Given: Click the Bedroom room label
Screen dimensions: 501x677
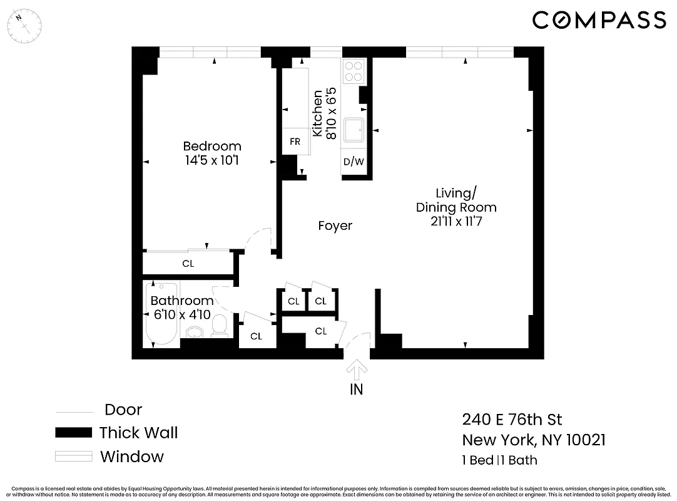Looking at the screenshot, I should pos(211,147).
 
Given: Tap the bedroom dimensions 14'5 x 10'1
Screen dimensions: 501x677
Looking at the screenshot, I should pos(211,160).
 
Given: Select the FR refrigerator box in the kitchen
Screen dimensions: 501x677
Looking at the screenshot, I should pos(295,142).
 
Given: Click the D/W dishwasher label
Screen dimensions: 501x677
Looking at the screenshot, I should pos(354,162).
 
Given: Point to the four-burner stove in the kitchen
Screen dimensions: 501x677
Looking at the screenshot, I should pos(354,70).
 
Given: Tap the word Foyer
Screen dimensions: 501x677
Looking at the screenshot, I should pos(335,225).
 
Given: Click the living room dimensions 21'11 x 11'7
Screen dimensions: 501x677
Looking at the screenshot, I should pos(456,221).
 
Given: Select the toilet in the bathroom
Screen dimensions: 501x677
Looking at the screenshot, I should pos(219,325).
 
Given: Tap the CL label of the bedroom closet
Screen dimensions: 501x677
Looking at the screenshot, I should pos(188,264).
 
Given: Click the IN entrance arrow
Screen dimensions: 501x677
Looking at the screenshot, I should pos(357,371).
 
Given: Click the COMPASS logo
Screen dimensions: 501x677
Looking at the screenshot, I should pos(599,20).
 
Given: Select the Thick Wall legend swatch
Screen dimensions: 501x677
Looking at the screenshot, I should pos(73,433).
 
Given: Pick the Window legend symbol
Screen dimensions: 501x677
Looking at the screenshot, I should pos(73,457).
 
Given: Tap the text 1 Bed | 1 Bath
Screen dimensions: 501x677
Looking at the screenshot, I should pos(499,460).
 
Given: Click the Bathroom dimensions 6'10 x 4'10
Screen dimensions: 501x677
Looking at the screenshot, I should pos(182,314).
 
